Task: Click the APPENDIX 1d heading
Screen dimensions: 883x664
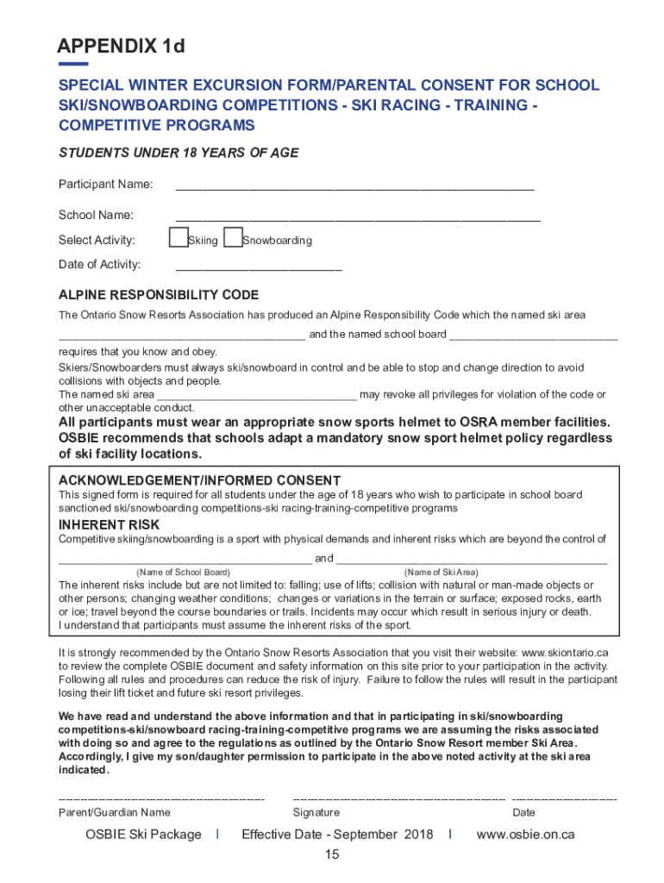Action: pos(121,47)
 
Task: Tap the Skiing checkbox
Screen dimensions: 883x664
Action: pos(179,238)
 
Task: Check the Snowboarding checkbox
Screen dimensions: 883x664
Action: pos(232,238)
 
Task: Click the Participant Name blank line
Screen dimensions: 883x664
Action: pos(354,187)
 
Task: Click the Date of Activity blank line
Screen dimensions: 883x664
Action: pos(259,269)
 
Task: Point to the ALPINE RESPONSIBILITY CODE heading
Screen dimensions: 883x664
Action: pos(158,295)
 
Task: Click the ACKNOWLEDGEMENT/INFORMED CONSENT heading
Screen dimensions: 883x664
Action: pos(199,480)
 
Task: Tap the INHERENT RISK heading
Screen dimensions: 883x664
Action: pos(109,524)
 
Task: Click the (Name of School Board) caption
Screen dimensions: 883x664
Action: pos(184,573)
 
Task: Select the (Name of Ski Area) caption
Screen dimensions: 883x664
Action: pos(441,573)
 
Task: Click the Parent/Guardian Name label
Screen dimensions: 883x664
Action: pos(114,812)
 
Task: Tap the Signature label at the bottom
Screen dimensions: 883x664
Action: pos(316,812)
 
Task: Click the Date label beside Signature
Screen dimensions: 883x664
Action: pos(523,812)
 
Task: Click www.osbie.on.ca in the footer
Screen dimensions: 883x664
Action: pos(525,835)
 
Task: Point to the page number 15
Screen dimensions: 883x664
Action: pos(332,855)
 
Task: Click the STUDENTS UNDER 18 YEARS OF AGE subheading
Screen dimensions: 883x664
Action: pos(179,153)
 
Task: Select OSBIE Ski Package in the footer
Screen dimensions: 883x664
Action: pos(143,835)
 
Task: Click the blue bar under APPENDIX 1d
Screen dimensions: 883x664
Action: pos(73,64)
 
